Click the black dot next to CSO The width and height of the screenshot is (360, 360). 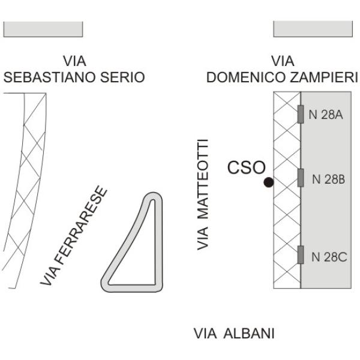(x=269, y=182)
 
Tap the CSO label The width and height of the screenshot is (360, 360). (x=247, y=167)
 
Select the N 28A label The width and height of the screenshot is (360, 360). (x=326, y=115)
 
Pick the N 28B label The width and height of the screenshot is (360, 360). (x=329, y=179)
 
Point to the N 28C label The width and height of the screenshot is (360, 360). (x=329, y=257)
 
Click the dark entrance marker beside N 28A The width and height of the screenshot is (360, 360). (x=301, y=114)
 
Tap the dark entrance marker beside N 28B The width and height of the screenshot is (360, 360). (x=301, y=178)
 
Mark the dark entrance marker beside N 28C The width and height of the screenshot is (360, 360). (x=301, y=254)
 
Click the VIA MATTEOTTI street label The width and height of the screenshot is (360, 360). (x=203, y=194)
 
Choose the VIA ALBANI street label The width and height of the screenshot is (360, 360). (x=234, y=334)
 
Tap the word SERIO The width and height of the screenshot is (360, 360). (x=122, y=77)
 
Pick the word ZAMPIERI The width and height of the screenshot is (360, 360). (x=324, y=77)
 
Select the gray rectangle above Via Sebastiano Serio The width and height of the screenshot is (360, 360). (x=43, y=29)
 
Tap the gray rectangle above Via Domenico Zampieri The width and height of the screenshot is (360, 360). (x=313, y=29)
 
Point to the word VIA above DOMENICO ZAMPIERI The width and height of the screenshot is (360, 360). (x=283, y=61)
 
